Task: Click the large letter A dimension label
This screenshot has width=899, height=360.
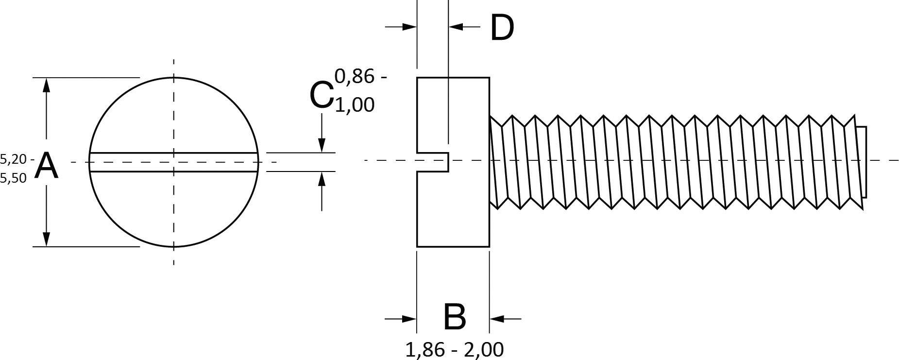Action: [47, 166]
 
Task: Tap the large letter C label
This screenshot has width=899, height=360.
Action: [321, 95]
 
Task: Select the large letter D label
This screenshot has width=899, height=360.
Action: [502, 28]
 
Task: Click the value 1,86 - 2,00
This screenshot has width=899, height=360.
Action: [454, 349]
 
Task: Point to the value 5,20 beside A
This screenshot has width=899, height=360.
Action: [15, 159]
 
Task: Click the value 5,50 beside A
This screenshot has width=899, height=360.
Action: [13, 178]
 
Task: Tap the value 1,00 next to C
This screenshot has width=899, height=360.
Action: [355, 105]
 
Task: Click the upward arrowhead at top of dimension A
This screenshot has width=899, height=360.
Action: [46, 85]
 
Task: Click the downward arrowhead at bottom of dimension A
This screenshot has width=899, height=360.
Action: [46, 239]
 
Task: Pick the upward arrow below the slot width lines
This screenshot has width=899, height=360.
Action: [322, 179]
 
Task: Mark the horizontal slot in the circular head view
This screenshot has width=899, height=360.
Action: [173, 162]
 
